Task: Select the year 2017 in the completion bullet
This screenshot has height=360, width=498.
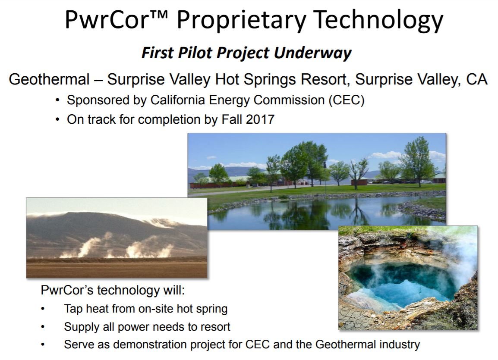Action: click(260, 119)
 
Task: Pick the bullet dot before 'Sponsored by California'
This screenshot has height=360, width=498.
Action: click(58, 101)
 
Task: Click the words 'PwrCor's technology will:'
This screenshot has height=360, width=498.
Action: click(113, 290)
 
